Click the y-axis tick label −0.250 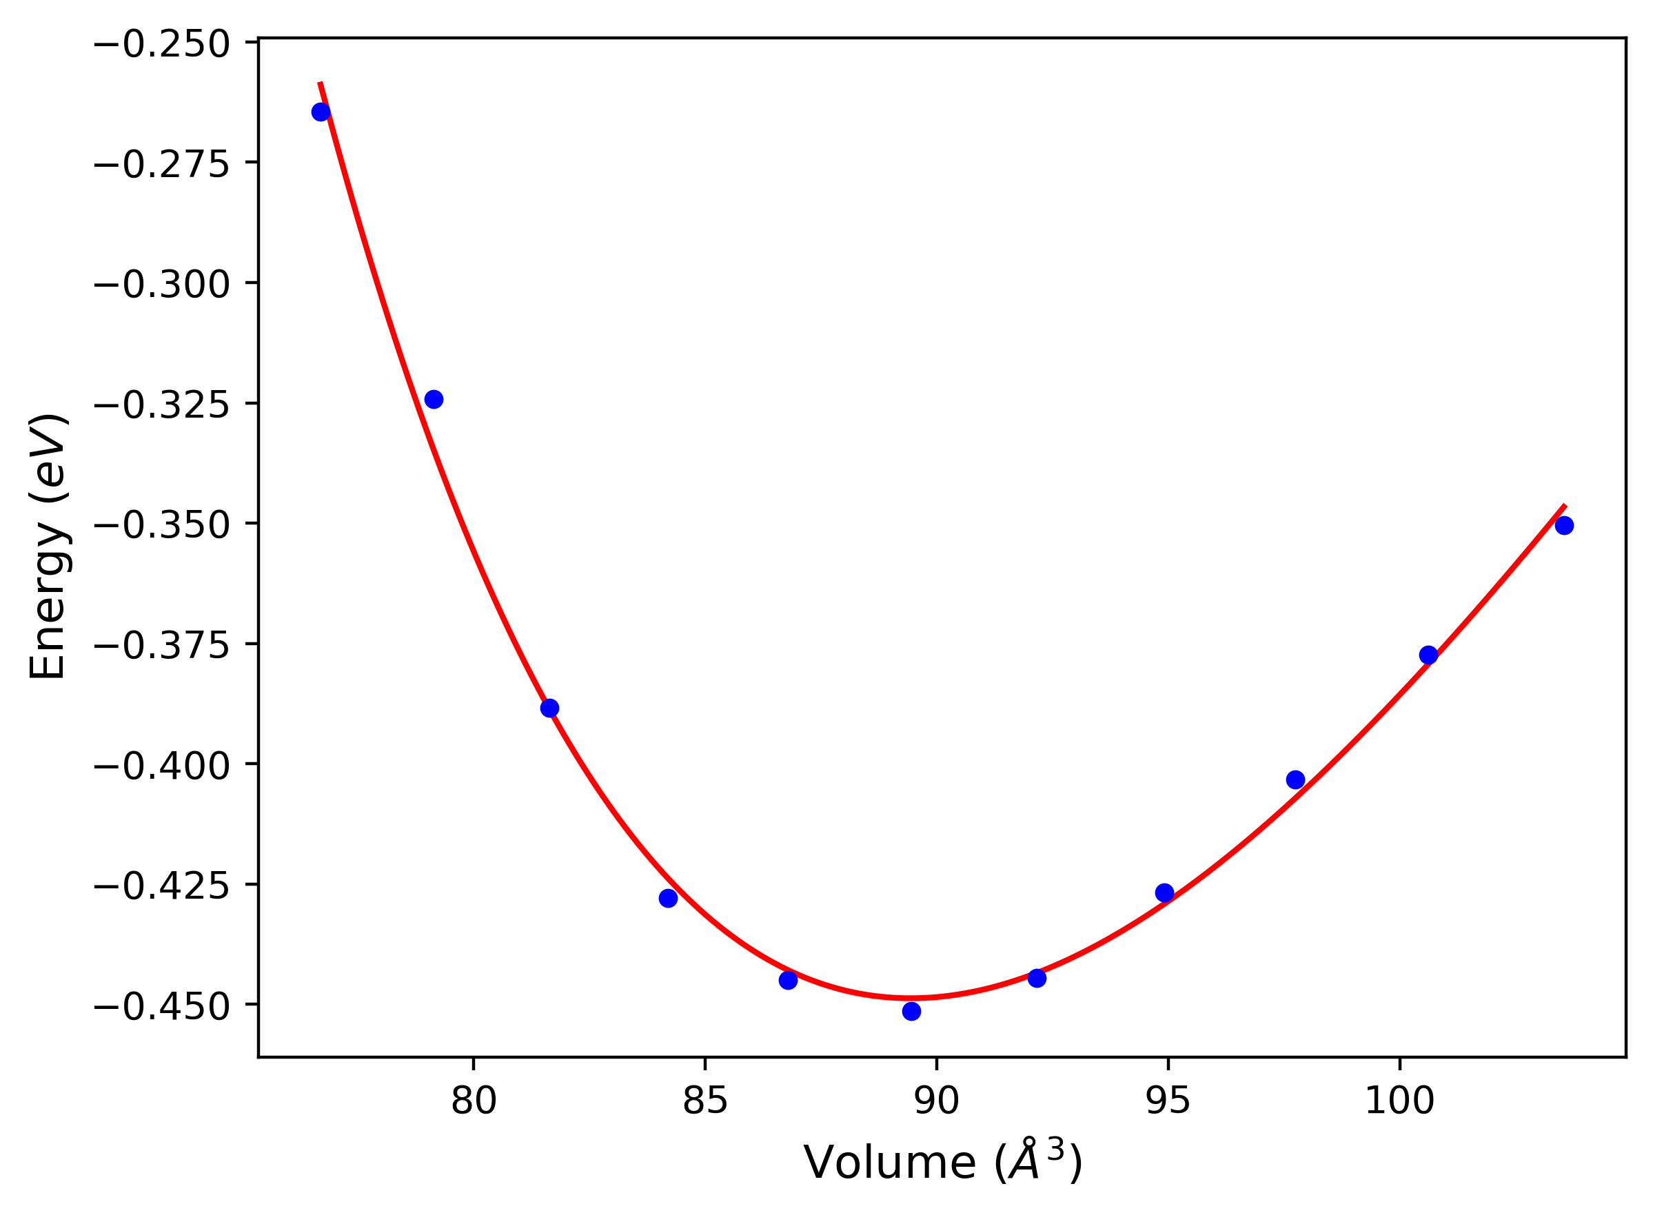162,45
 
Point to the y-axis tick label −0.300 162,285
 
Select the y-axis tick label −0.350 162,526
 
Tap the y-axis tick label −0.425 162,886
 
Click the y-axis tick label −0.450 162,1007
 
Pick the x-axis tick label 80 474,1102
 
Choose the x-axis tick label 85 704,1102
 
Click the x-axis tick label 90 937,1102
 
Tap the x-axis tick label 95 1168,1102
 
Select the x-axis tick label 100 1399,1102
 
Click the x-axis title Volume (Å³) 942,1163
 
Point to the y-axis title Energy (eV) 48,547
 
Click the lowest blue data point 911,1011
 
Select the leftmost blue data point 321,112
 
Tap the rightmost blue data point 1564,525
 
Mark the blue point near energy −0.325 434,399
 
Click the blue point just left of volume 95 1164,893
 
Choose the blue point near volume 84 668,898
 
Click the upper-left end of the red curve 320,83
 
